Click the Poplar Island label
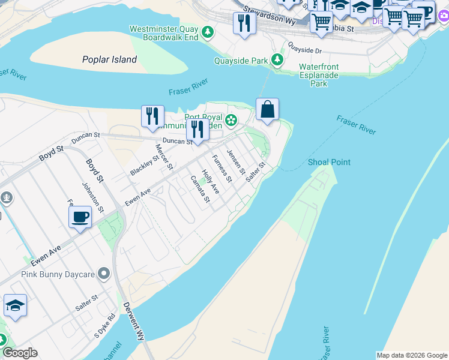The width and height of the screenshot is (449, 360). click(x=109, y=59)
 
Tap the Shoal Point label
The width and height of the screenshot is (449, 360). click(x=329, y=162)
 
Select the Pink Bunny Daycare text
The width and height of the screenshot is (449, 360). click(x=58, y=274)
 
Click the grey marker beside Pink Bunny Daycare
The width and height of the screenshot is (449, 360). click(x=104, y=274)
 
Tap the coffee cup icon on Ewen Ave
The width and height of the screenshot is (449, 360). click(x=80, y=217)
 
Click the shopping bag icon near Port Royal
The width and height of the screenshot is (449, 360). click(x=268, y=110)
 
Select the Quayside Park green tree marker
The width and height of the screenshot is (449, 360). click(x=277, y=60)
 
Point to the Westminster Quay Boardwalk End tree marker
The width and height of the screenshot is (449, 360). click(x=208, y=31)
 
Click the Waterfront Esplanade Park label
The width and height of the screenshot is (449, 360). click(x=319, y=75)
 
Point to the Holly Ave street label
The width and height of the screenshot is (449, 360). click(x=210, y=181)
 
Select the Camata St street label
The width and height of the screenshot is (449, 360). click(x=200, y=189)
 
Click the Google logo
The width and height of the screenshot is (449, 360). click(x=20, y=353)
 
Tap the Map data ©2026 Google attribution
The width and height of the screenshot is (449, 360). click(x=411, y=355)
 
